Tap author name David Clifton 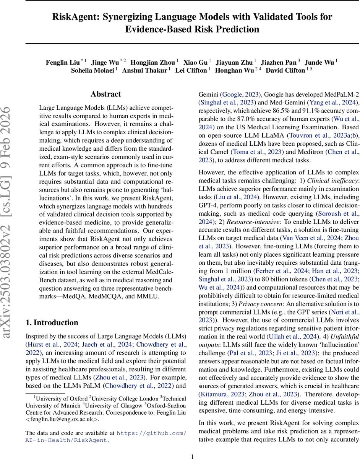[x=285, y=70]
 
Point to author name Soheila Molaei [x=93, y=70]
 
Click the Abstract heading [x=106, y=94]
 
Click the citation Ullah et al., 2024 [x=292, y=337]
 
